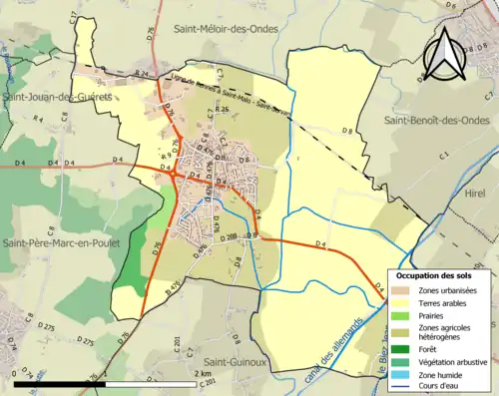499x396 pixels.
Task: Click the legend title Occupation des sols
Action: tap(433, 275)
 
